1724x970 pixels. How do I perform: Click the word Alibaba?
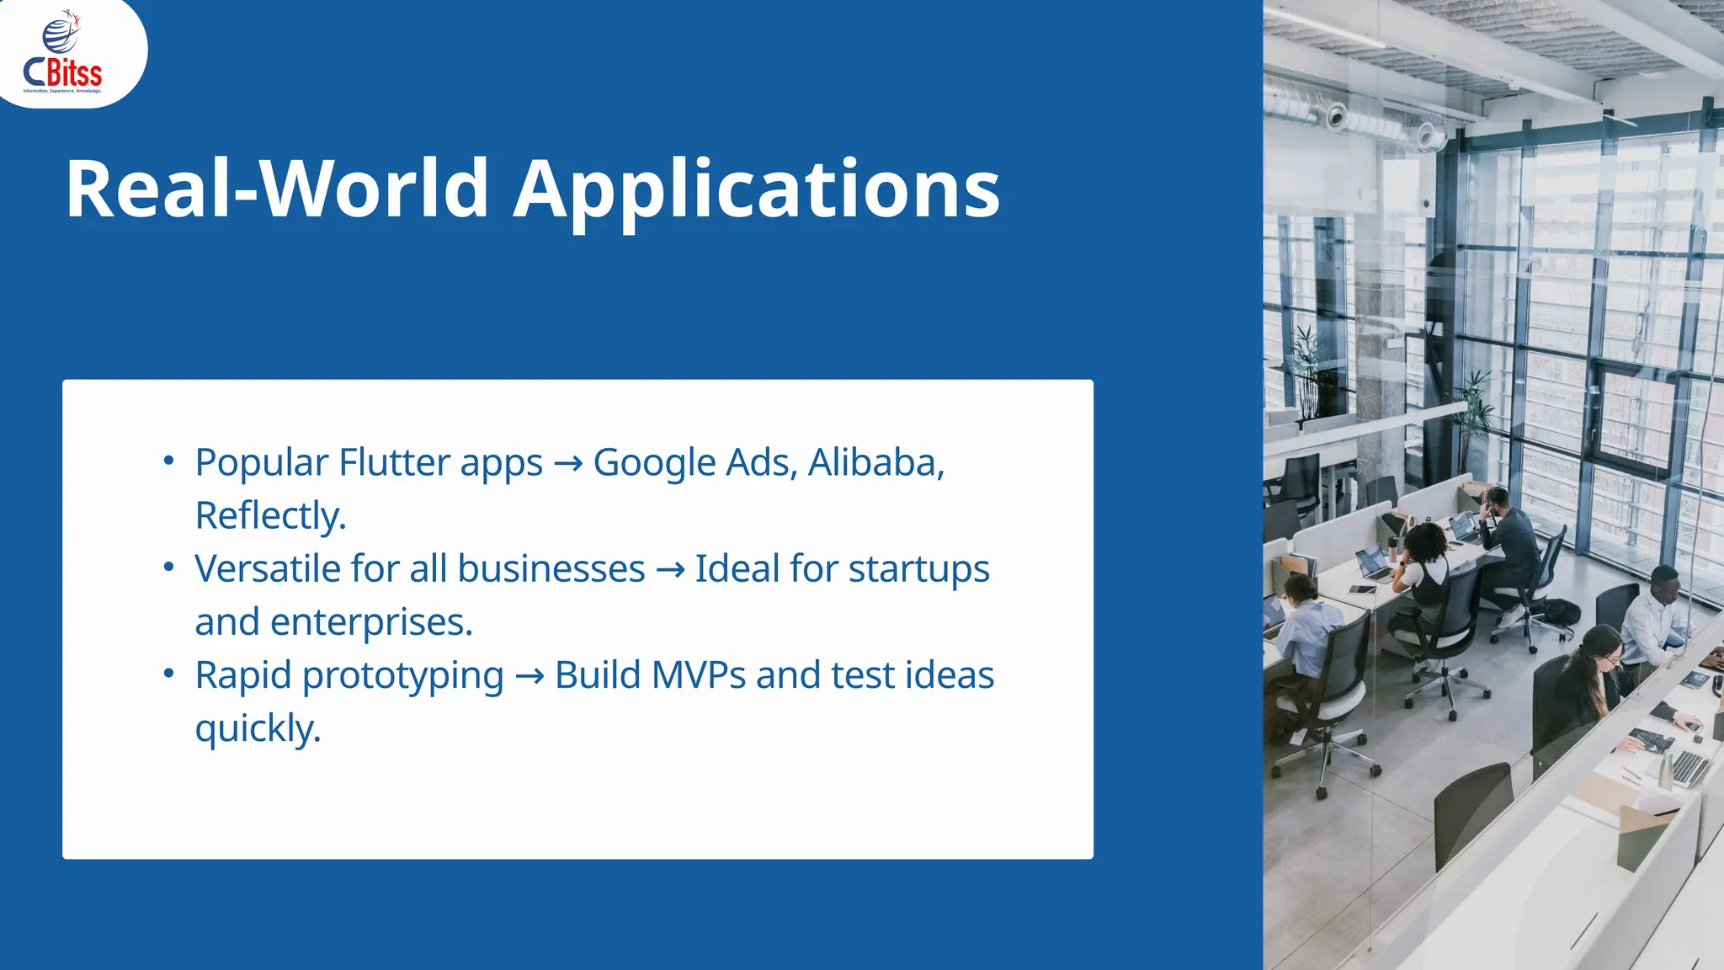click(875, 462)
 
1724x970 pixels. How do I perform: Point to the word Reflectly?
click(269, 515)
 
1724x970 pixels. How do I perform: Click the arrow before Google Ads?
click(568, 463)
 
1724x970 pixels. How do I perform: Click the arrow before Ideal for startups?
click(670, 570)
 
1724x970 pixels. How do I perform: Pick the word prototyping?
click(402, 676)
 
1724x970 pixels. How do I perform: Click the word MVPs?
click(698, 675)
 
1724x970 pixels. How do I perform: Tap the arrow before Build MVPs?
click(529, 676)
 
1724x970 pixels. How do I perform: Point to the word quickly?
click(257, 728)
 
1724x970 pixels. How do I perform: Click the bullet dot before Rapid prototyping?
click(169, 674)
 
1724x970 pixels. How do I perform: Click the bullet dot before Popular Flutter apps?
click(169, 461)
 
